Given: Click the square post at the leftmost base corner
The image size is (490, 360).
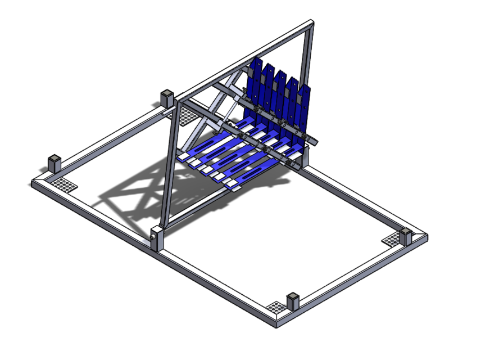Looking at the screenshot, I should (54, 163).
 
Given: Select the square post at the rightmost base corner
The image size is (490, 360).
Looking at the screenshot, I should (406, 235).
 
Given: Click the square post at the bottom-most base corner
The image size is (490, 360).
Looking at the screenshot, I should (292, 300).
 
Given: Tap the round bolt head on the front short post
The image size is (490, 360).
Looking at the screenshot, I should (153, 237).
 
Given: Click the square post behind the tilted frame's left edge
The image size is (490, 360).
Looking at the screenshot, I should (167, 98).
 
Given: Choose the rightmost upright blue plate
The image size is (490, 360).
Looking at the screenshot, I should (303, 112).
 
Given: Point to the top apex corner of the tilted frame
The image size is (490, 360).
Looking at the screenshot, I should (311, 24).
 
